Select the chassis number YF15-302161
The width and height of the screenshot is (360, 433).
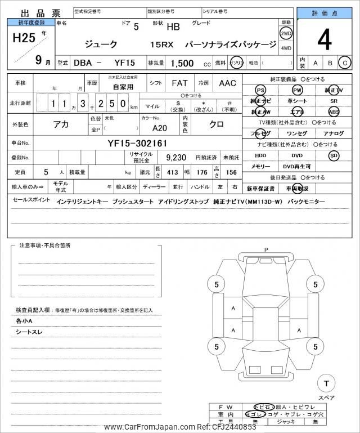(137, 144)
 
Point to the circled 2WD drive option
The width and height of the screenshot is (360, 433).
(286, 34)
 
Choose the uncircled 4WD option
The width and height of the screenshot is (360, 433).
(286, 47)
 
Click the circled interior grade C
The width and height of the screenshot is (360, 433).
(344, 63)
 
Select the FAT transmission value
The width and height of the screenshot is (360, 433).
(179, 83)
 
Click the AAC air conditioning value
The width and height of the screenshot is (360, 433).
(227, 83)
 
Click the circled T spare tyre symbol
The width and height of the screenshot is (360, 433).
(326, 383)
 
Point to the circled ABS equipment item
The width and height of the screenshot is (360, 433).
(334, 112)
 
